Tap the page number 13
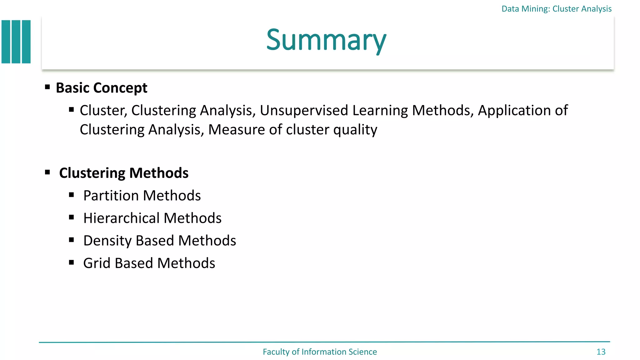(x=601, y=352)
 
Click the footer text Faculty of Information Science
(x=320, y=352)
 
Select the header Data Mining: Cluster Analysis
(x=556, y=9)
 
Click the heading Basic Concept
(x=101, y=88)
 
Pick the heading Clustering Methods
(x=124, y=173)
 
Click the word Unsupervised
(x=304, y=110)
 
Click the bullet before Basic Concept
(x=47, y=87)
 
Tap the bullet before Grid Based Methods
(x=72, y=262)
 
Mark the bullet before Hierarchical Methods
(x=72, y=217)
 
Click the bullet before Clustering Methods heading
(x=47, y=172)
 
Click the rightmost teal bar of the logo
(x=26, y=42)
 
